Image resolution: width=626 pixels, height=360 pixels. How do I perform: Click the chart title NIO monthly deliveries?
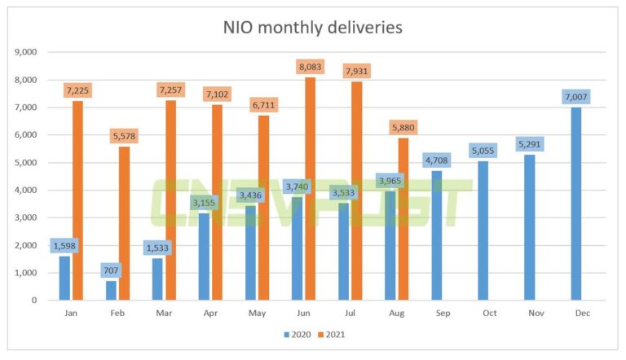pyautogui.click(x=313, y=27)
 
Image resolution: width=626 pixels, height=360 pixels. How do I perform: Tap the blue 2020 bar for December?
pyautogui.click(x=576, y=204)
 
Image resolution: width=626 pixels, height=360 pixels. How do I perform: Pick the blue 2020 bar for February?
pyautogui.click(x=111, y=290)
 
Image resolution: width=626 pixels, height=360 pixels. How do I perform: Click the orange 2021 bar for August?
pyautogui.click(x=403, y=219)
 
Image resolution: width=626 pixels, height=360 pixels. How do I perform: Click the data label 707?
pyautogui.click(x=112, y=269)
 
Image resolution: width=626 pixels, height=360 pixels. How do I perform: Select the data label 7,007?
pyautogui.click(x=576, y=96)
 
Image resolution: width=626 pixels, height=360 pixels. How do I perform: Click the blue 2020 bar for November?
pyautogui.click(x=530, y=227)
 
